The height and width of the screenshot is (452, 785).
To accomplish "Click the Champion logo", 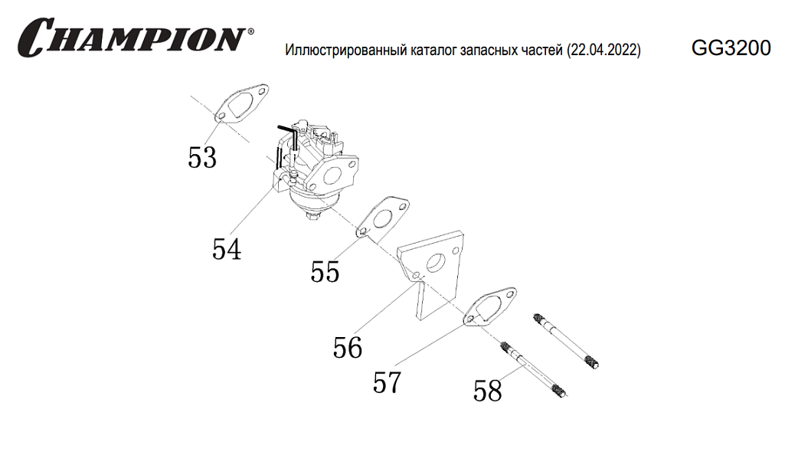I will (x=132, y=37).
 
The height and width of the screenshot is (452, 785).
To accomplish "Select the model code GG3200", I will (x=731, y=49).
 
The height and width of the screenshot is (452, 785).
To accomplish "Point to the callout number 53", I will (x=202, y=158).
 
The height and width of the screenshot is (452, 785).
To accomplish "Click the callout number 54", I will (x=227, y=249).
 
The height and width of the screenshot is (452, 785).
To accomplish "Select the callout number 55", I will (x=325, y=271).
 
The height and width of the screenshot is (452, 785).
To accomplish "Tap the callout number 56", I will (x=347, y=348).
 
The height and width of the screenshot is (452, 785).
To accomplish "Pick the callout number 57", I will (x=387, y=382).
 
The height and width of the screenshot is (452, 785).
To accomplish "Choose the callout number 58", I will (x=487, y=391).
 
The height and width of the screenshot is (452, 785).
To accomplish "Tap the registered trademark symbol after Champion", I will (x=250, y=33).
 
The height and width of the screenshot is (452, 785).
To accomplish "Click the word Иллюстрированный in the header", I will (x=340, y=51).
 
